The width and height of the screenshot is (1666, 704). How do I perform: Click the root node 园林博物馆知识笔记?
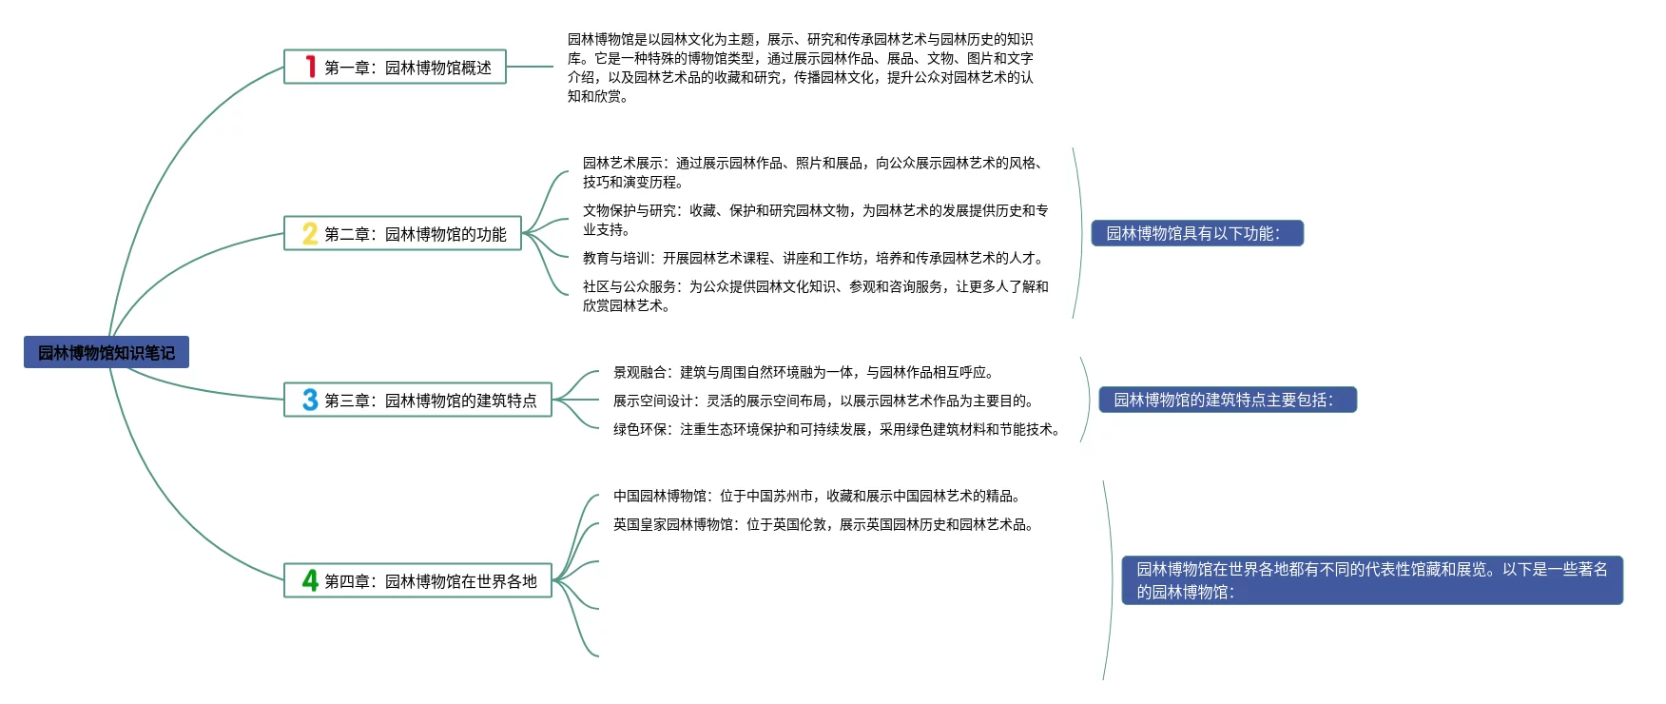click(x=107, y=353)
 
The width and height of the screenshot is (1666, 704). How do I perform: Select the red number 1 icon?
click(x=310, y=67)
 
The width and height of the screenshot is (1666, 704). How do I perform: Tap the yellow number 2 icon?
click(x=310, y=233)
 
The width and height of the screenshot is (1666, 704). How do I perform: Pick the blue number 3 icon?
click(x=310, y=400)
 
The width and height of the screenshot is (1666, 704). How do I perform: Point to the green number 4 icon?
click(x=310, y=580)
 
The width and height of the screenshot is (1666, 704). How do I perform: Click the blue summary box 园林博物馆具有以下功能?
click(x=1196, y=233)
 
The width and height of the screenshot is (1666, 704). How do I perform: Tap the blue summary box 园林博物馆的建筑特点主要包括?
click(x=1227, y=400)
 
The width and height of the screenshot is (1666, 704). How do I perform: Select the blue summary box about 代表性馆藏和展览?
click(x=1371, y=580)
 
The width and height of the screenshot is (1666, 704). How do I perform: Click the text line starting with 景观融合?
click(x=804, y=372)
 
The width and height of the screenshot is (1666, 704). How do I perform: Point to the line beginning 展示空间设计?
click(x=823, y=401)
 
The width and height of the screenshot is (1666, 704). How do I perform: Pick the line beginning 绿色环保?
click(x=837, y=429)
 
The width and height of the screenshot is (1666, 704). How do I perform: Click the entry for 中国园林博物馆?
click(x=817, y=496)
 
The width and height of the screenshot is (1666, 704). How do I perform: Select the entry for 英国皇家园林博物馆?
click(x=823, y=524)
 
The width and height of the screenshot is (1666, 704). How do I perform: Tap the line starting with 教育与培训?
click(x=814, y=258)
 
